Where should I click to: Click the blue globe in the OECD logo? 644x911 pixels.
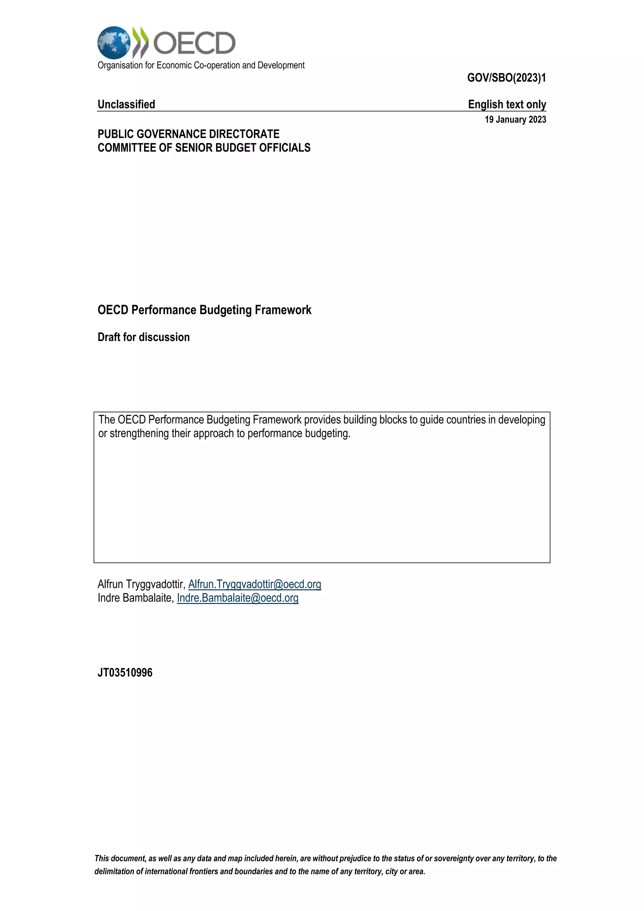click(114, 42)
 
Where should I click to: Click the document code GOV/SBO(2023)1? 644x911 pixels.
click(506, 78)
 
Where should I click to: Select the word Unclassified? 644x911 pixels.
click(126, 104)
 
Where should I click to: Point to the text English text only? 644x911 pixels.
click(507, 104)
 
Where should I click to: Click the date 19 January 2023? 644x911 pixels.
click(515, 120)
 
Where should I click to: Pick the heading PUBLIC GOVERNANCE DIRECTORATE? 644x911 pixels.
click(188, 134)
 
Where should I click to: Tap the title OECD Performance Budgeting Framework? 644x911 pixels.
click(204, 310)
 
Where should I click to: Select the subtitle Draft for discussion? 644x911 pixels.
click(144, 337)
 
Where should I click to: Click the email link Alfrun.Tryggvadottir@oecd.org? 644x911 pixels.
click(255, 584)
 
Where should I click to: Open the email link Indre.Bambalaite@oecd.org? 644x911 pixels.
click(237, 598)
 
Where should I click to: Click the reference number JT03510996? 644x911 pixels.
click(125, 673)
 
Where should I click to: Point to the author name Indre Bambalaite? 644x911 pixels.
click(135, 598)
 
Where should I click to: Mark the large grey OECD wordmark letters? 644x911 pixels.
click(194, 43)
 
